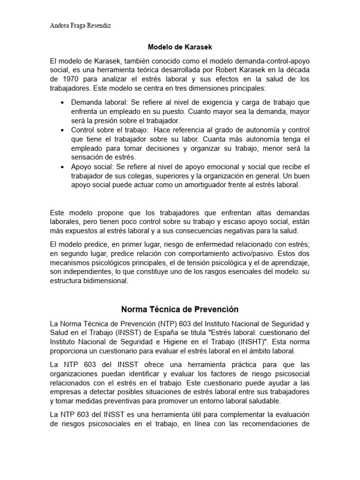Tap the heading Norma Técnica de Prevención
[x=180, y=309]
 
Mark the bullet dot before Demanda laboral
[x=62, y=102]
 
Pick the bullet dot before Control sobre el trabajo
[x=62, y=129]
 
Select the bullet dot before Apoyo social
[x=62, y=167]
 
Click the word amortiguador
[x=187, y=185]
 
